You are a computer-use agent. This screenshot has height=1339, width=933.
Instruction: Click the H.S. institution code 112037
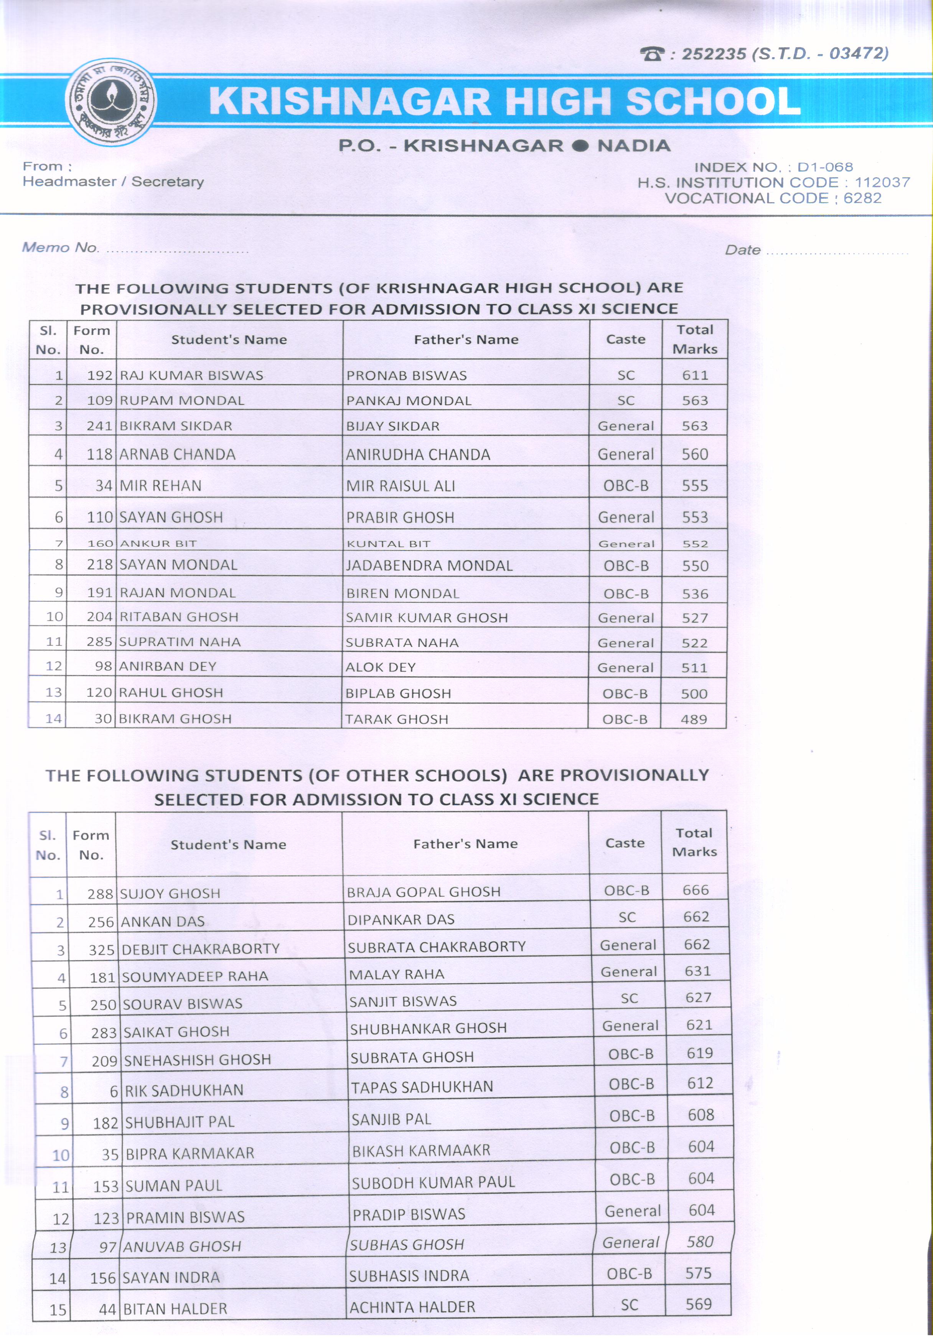pyautogui.click(x=882, y=183)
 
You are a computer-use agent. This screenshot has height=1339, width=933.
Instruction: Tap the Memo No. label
pyautogui.click(x=61, y=247)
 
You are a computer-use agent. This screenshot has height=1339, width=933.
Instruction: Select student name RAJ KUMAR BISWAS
pyautogui.click(x=191, y=376)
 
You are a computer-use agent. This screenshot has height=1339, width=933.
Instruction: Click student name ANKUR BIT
pyautogui.click(x=158, y=544)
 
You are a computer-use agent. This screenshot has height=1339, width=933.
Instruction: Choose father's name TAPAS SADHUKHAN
pyautogui.click(x=422, y=1087)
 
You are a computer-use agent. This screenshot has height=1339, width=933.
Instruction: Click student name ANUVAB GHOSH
pyautogui.click(x=183, y=1246)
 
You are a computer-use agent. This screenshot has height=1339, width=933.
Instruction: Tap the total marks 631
pyautogui.click(x=697, y=971)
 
